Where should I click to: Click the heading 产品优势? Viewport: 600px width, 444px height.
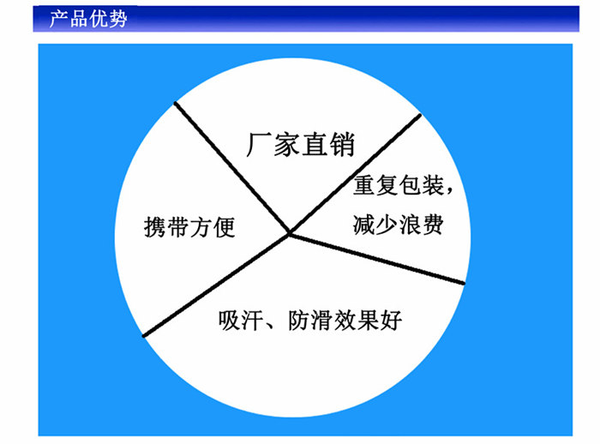(87, 18)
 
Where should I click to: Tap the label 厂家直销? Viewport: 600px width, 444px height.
(300, 143)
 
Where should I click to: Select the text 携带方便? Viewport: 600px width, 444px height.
(189, 228)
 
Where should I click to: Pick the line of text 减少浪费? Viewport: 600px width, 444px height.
(398, 225)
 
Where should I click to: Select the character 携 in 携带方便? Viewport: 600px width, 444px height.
(154, 228)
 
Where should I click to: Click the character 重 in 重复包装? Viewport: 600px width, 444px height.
(364, 187)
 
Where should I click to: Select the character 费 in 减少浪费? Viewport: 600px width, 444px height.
(431, 225)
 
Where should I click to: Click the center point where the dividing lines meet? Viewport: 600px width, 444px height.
(290, 233)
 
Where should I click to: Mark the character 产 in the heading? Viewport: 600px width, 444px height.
(58, 18)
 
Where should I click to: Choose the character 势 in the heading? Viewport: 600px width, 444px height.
(117, 18)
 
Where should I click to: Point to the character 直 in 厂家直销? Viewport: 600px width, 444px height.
(314, 143)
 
